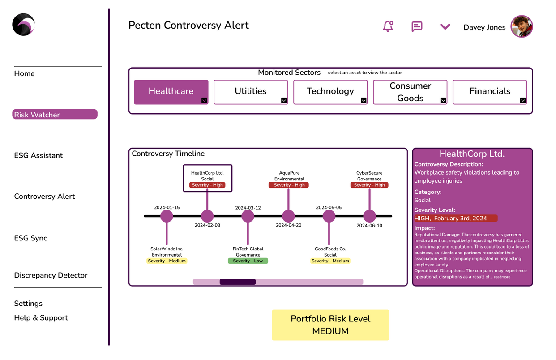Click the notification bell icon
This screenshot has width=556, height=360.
388,26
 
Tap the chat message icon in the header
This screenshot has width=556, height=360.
417,26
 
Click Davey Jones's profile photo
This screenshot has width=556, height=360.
522,26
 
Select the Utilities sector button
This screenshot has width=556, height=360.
250,91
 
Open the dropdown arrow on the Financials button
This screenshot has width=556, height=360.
523,100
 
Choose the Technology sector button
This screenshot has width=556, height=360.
330,91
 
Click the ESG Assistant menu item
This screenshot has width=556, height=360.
38,155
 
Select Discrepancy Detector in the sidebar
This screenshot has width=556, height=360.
51,275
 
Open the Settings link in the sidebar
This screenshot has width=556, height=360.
28,304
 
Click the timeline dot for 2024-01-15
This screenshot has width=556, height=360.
167,216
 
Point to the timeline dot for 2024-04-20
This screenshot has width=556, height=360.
288,216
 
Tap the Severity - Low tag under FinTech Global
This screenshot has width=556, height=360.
248,261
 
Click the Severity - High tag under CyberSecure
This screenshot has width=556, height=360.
369,185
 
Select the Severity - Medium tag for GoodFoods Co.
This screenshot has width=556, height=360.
330,261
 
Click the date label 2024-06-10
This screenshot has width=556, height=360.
369,226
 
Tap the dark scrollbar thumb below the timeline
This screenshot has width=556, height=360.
238,282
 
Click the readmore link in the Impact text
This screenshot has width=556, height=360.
502,277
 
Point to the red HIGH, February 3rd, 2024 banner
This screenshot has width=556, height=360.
456,219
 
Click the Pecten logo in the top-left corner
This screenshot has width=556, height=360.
23,25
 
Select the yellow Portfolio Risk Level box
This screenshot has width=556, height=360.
330,325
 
